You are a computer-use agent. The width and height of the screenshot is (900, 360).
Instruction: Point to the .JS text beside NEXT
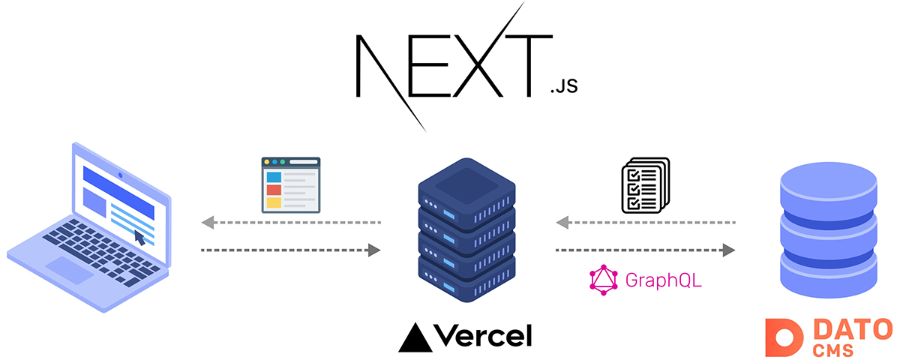(x=563, y=88)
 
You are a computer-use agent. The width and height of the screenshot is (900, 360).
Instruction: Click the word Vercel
(x=482, y=335)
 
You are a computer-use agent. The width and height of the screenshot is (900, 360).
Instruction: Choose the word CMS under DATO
(x=834, y=349)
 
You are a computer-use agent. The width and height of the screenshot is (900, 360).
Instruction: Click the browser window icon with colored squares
(x=290, y=185)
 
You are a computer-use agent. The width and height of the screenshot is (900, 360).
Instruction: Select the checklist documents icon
(x=645, y=185)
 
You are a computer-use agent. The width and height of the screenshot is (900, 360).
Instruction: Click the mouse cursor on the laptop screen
(x=139, y=238)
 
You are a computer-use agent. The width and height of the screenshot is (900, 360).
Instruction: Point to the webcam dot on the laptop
(x=120, y=176)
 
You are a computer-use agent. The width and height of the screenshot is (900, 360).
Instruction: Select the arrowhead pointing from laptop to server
(x=374, y=250)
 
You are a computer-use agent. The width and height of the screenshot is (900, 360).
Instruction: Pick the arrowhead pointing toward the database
(x=727, y=250)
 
